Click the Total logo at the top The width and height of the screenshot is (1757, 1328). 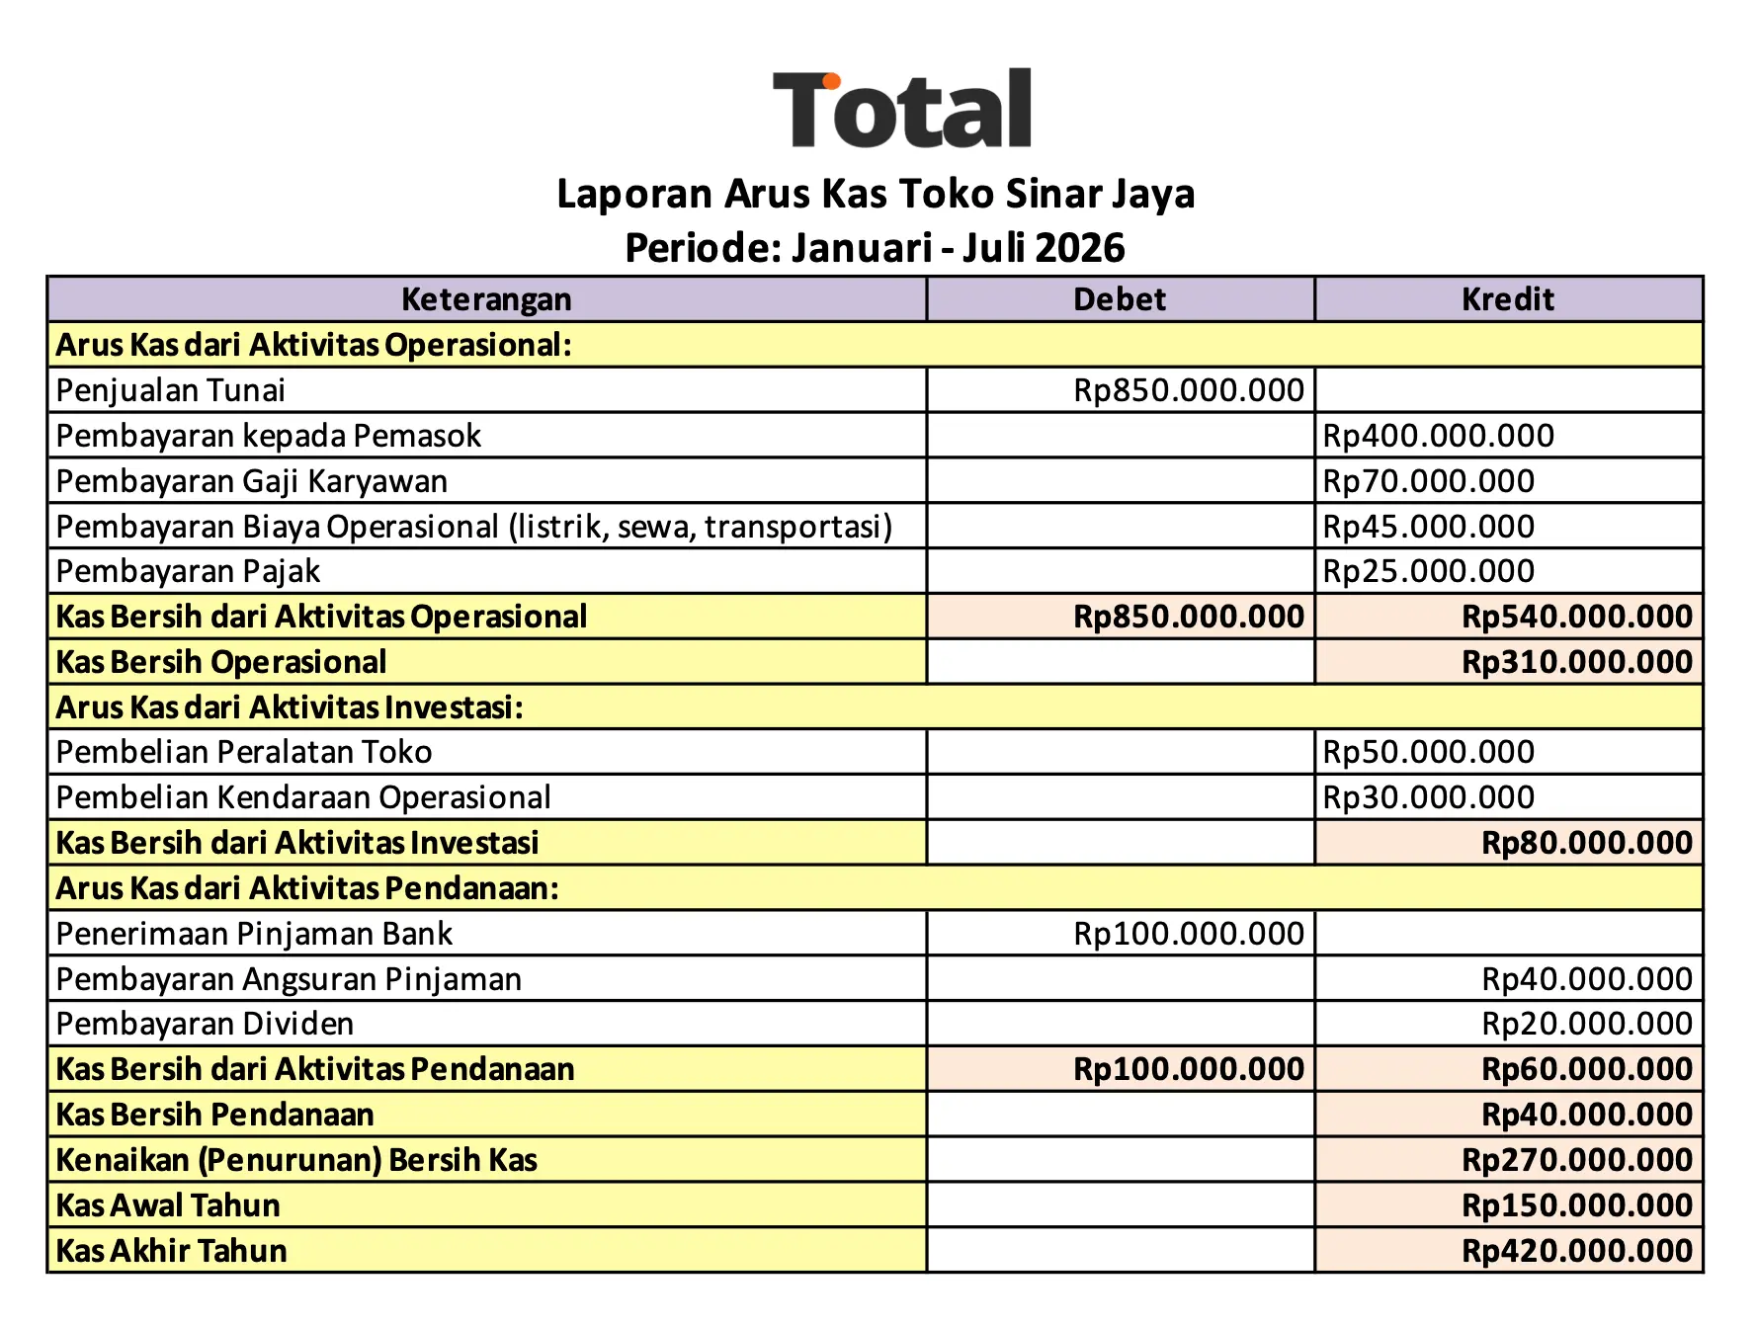pyautogui.click(x=902, y=110)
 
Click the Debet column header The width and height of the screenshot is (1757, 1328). pyautogui.click(x=1120, y=299)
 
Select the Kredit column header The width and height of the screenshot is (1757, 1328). pyautogui.click(x=1508, y=299)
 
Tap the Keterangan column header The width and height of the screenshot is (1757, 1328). pyautogui.click(x=486, y=299)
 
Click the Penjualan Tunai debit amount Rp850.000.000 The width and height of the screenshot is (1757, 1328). pyautogui.click(x=1189, y=390)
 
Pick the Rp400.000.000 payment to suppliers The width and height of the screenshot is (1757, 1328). pyautogui.click(x=1438, y=436)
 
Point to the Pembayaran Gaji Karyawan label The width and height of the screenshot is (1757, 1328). pyautogui.click(x=252, y=481)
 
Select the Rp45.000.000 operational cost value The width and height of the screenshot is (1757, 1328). pyautogui.click(x=1428, y=527)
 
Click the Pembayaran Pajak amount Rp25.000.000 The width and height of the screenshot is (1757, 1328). pyautogui.click(x=1428, y=571)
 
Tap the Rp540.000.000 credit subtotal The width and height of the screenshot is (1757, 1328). pyautogui.click(x=1577, y=617)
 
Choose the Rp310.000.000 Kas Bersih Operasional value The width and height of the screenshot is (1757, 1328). pyautogui.click(x=1577, y=662)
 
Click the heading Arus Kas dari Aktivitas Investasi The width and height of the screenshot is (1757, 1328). pyautogui.click(x=290, y=707)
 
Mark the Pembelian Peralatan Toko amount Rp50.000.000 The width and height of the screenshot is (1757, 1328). pyautogui.click(x=1428, y=752)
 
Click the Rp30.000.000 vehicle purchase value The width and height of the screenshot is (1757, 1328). pyautogui.click(x=1428, y=797)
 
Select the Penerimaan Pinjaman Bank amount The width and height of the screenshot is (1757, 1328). pyautogui.click(x=1189, y=934)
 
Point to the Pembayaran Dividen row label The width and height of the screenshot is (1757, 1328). pyautogui.click(x=205, y=1024)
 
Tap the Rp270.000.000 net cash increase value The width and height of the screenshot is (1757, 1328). pyautogui.click(x=1577, y=1160)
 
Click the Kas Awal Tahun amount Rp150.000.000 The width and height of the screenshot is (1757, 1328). pyautogui.click(x=1577, y=1205)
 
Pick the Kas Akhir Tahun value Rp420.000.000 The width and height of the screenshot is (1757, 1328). pyautogui.click(x=1577, y=1251)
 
